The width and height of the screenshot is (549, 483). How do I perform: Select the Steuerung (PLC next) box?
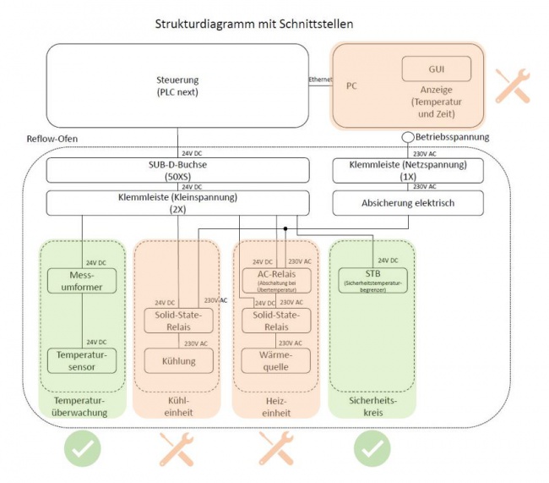(x=177, y=85)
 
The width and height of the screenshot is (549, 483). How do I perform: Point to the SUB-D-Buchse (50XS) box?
(x=174, y=172)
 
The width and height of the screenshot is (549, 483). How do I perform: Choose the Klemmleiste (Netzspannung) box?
(x=408, y=172)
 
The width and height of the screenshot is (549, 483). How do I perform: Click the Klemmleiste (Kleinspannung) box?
(x=174, y=203)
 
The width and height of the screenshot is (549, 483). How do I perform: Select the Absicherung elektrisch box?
(x=408, y=203)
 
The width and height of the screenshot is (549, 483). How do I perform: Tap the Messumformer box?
(x=82, y=281)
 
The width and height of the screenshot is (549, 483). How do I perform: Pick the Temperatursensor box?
(x=82, y=360)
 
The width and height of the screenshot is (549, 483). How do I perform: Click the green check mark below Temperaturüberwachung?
(x=82, y=449)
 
